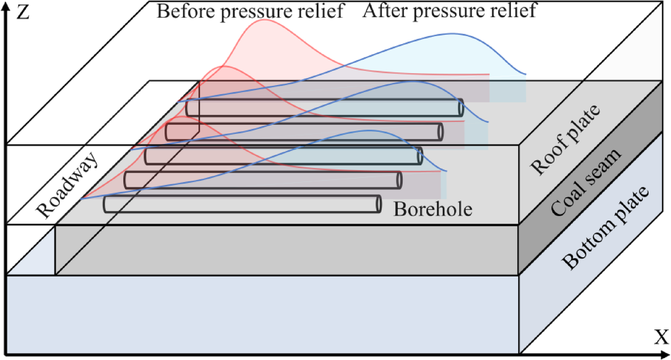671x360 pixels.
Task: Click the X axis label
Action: (x=661, y=338)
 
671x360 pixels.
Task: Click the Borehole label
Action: (x=433, y=210)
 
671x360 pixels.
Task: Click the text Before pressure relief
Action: (x=250, y=11)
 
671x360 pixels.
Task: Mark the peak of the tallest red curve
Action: (x=265, y=20)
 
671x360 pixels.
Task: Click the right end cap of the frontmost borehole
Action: (x=379, y=204)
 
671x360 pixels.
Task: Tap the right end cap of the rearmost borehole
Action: (x=460, y=107)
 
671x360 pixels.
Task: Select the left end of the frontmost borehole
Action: (x=105, y=204)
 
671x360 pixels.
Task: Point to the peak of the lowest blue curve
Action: (x=369, y=130)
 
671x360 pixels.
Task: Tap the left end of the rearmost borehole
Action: (x=188, y=108)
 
